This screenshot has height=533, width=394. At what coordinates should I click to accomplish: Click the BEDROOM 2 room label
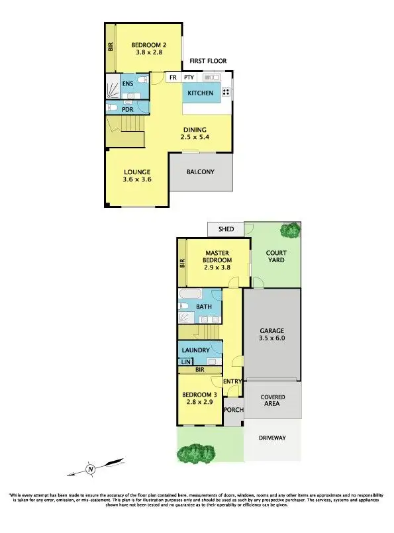(149, 45)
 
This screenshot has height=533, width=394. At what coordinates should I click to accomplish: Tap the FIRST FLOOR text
(208, 61)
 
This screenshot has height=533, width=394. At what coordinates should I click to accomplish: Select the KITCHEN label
(201, 93)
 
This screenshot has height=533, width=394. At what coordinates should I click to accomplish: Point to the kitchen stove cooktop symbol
(226, 93)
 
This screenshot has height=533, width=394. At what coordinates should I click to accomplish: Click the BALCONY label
(201, 172)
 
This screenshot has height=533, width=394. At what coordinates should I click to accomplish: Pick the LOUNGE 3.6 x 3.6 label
(136, 175)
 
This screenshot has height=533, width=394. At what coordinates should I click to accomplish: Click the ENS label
(127, 84)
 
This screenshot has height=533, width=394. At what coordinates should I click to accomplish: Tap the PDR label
(128, 110)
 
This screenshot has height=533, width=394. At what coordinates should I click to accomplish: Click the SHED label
(226, 229)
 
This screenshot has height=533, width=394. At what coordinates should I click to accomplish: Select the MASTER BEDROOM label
(217, 258)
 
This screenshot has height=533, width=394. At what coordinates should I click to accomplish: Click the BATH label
(203, 307)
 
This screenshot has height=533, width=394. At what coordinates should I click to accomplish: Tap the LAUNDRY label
(195, 350)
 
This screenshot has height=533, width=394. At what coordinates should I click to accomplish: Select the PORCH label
(234, 410)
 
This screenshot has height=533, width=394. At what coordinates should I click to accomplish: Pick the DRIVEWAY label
(273, 438)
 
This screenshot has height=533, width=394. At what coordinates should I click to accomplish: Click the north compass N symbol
(90, 470)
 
